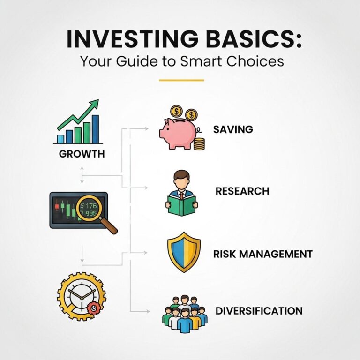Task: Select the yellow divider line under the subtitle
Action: tap(181, 80)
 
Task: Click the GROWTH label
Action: tap(82, 154)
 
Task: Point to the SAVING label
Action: tap(233, 129)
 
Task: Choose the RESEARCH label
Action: tap(242, 191)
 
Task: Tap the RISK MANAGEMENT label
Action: tap(263, 254)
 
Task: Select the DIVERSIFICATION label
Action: tap(259, 311)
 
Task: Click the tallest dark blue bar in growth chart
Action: tap(96, 129)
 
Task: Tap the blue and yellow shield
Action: tap(184, 252)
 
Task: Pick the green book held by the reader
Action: tap(181, 205)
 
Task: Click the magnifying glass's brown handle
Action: tap(109, 225)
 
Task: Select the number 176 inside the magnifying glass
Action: tap(91, 206)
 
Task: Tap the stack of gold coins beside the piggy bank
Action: tap(199, 144)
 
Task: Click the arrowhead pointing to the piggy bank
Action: tap(146, 129)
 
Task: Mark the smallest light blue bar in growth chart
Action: tap(60, 139)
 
